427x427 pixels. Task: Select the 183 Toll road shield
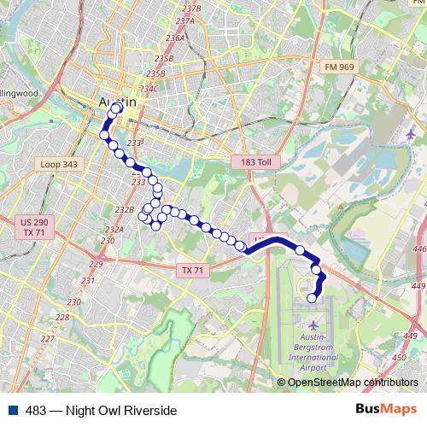[x=250, y=161]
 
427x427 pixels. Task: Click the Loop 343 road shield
[x=58, y=164]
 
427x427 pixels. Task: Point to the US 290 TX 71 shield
[x=35, y=227]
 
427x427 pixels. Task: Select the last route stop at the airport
[x=312, y=298]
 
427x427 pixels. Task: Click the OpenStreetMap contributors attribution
[x=353, y=383]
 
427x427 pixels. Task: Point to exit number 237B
[x=191, y=8]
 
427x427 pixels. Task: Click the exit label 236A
[x=175, y=38]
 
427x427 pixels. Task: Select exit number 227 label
[x=47, y=339]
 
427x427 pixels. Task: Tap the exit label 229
[x=96, y=264]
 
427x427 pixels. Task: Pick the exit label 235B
[x=164, y=58]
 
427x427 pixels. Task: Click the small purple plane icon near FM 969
[x=412, y=134]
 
